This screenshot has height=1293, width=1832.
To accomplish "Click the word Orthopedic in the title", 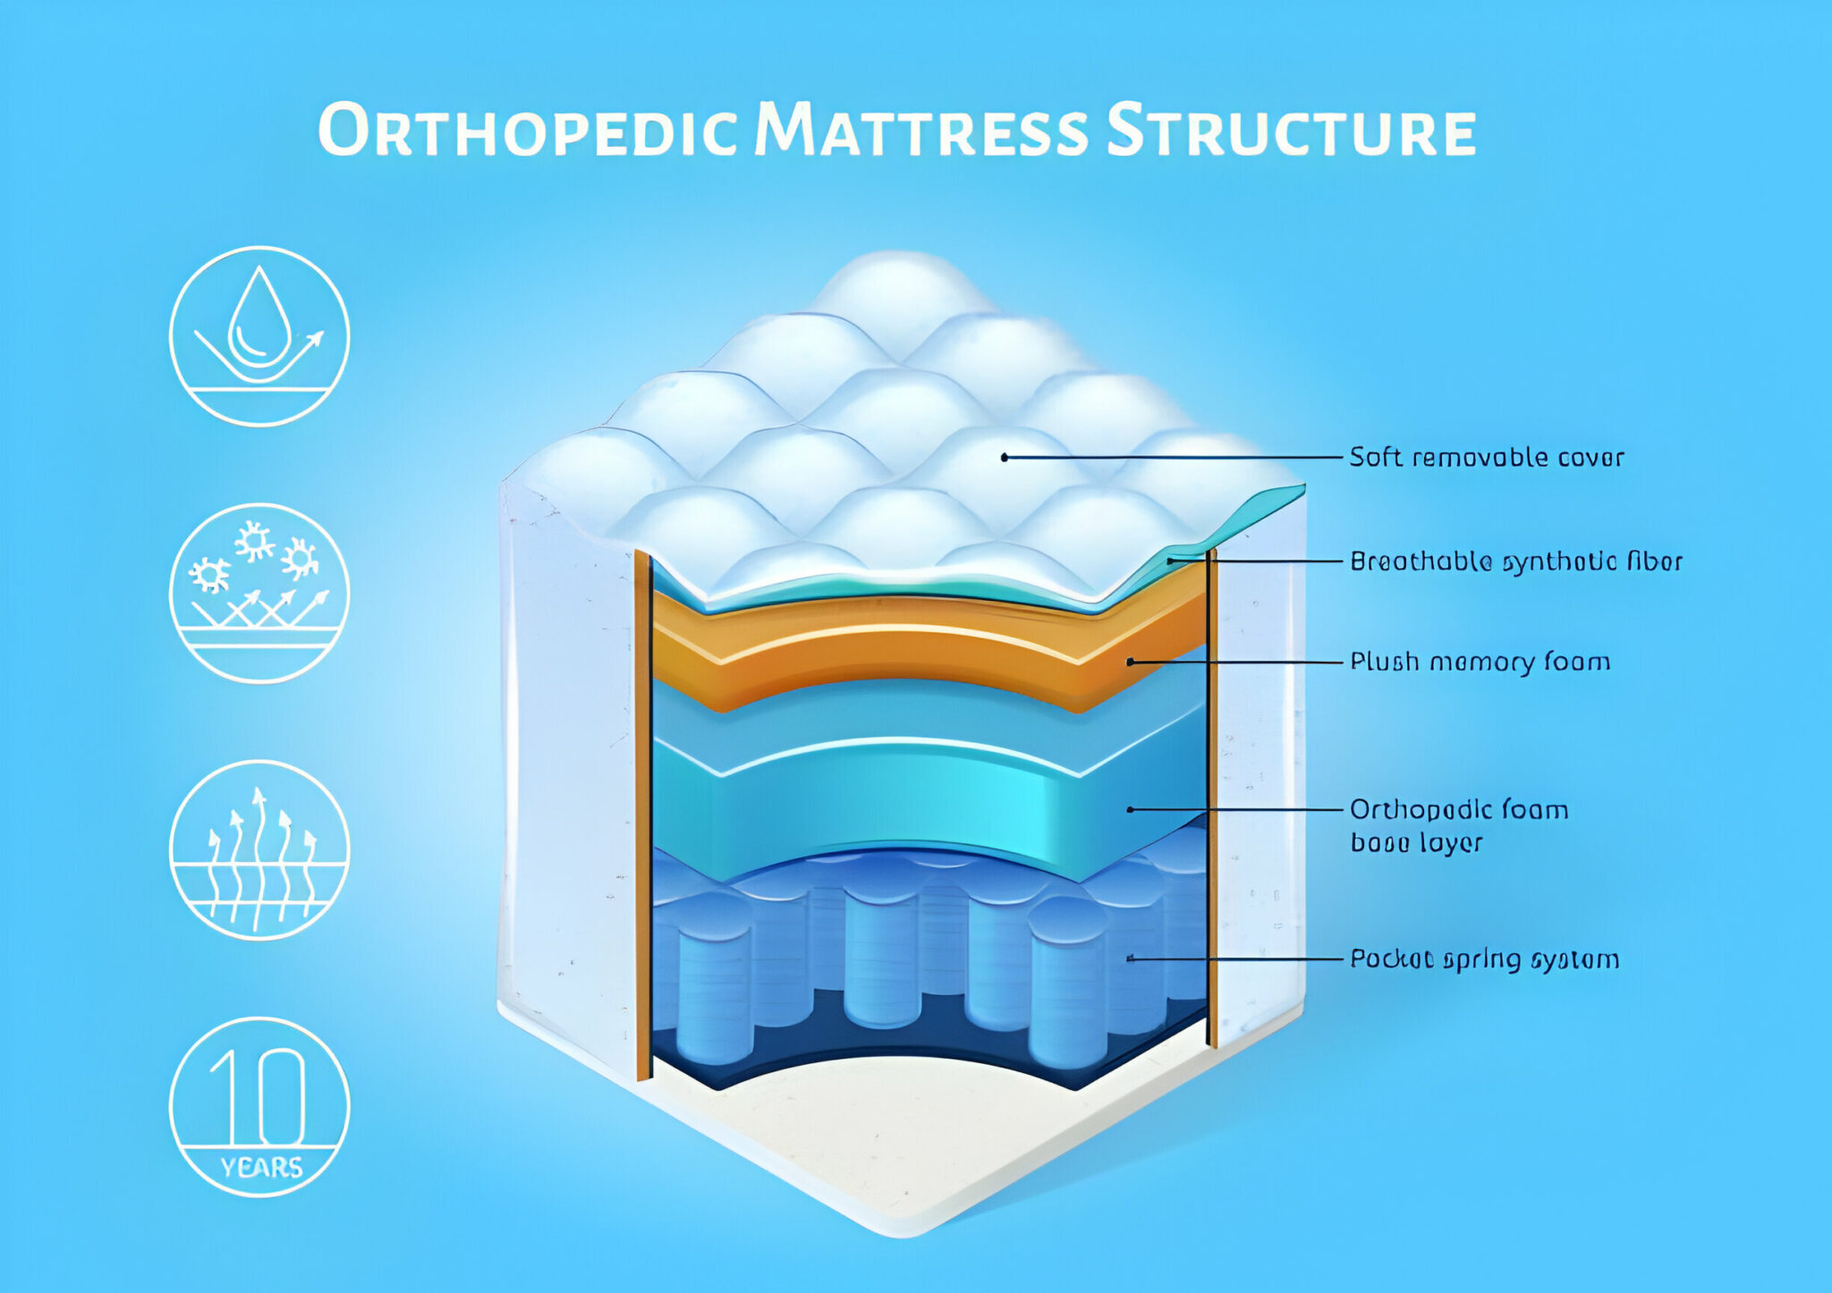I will coord(528,131).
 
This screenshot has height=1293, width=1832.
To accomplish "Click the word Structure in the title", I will coord(1290,131).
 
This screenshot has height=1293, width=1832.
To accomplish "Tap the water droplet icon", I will coord(259,336).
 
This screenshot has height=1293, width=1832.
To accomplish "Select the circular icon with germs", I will coord(259,593).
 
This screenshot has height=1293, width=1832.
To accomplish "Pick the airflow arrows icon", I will coord(259,849).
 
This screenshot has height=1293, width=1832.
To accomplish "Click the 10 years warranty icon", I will coord(259,1106).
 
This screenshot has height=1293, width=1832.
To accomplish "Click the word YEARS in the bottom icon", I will coord(261,1168).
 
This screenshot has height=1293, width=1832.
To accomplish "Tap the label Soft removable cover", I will coord(1486,457).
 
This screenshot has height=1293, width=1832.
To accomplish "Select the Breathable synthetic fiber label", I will coord(1515,562).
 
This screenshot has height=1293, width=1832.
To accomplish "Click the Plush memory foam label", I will coord(1480,662).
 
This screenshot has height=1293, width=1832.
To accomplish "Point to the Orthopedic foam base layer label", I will coord(1458,825).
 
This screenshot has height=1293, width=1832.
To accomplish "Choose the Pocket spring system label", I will coord(1484,959).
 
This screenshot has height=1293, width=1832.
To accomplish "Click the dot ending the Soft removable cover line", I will coord(1005,457).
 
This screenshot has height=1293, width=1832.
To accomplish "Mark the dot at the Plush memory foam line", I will coord(1131,662).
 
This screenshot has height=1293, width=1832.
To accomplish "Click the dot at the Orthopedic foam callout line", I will coord(1131,809).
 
